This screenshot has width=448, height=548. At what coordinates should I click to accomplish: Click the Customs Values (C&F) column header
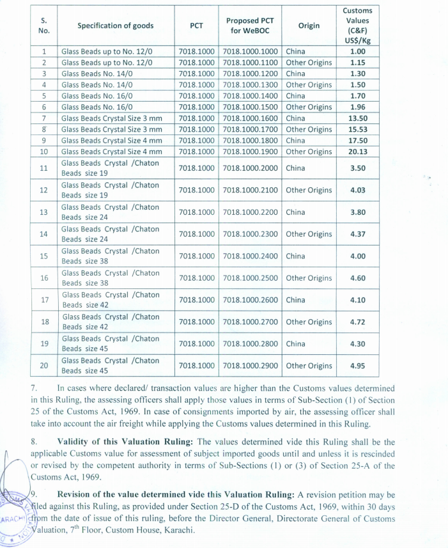[357, 26]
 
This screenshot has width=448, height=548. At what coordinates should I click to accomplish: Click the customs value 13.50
[357, 118]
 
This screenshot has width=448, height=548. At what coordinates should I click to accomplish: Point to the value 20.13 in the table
[357, 152]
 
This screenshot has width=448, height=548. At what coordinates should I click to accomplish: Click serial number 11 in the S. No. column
[44, 168]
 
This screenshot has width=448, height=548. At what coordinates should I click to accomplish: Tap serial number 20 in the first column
[44, 366]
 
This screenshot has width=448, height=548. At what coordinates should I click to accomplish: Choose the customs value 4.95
[357, 366]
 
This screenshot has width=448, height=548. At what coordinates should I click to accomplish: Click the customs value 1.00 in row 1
[357, 51]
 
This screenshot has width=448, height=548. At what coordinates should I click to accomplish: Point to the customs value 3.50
[357, 168]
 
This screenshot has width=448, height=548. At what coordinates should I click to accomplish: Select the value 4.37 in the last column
[357, 234]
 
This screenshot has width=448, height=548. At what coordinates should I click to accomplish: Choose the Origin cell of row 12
[309, 190]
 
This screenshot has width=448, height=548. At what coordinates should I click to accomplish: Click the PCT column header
[196, 26]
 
